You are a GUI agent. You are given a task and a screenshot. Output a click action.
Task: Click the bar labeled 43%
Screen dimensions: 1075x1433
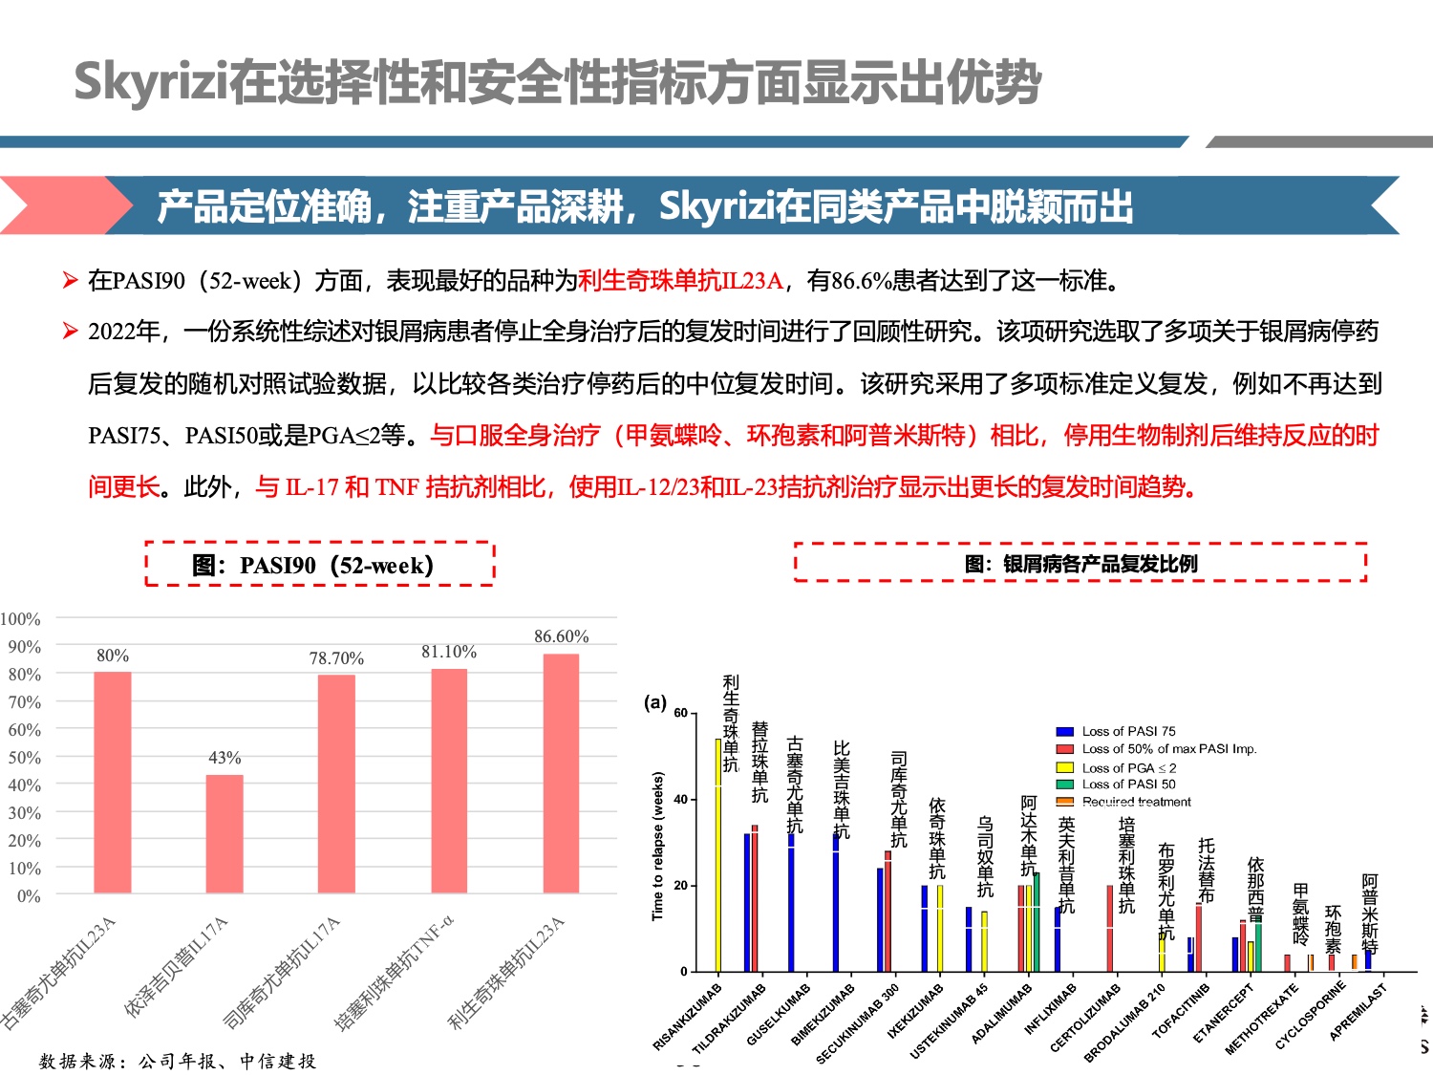[225, 833]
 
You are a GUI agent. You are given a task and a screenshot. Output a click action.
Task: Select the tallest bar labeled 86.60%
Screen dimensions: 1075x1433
[561, 774]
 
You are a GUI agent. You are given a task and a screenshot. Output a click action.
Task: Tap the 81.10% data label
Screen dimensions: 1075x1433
[448, 652]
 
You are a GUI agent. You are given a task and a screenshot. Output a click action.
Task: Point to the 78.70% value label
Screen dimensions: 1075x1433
[336, 658]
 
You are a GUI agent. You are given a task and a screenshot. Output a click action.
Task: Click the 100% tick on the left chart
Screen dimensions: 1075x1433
[21, 619]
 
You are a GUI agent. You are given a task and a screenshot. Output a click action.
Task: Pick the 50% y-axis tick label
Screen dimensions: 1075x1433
[25, 758]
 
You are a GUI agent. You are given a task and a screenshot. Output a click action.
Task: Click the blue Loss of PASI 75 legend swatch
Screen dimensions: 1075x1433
[1064, 731]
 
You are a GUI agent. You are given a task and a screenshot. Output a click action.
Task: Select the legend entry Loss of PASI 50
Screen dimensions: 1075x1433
[1128, 784]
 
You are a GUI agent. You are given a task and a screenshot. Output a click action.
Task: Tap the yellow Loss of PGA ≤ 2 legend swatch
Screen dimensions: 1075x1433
[1064, 767]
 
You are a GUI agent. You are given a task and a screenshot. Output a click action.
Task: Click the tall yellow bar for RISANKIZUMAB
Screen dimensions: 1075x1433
[718, 854]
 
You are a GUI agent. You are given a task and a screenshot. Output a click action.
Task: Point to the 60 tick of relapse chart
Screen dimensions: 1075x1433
[680, 713]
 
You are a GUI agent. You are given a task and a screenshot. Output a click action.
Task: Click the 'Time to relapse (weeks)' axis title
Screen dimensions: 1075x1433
[657, 846]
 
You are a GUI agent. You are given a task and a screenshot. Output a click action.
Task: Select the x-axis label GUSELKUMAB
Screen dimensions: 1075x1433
[779, 1014]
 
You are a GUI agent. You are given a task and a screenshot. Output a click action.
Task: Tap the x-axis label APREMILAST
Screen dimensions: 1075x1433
[1357, 1012]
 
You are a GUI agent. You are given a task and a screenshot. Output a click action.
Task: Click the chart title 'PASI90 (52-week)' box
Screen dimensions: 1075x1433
[320, 564]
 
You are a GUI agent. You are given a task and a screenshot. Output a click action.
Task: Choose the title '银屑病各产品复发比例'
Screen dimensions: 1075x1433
[1080, 563]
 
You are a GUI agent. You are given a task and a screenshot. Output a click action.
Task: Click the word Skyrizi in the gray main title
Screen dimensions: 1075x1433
[151, 82]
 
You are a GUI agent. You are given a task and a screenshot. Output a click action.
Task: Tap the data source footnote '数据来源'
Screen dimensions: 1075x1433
[177, 1061]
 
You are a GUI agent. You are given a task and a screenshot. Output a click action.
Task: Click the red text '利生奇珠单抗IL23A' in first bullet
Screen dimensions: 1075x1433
[680, 280]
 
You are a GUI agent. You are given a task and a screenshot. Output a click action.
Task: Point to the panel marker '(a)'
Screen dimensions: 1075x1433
[655, 702]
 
